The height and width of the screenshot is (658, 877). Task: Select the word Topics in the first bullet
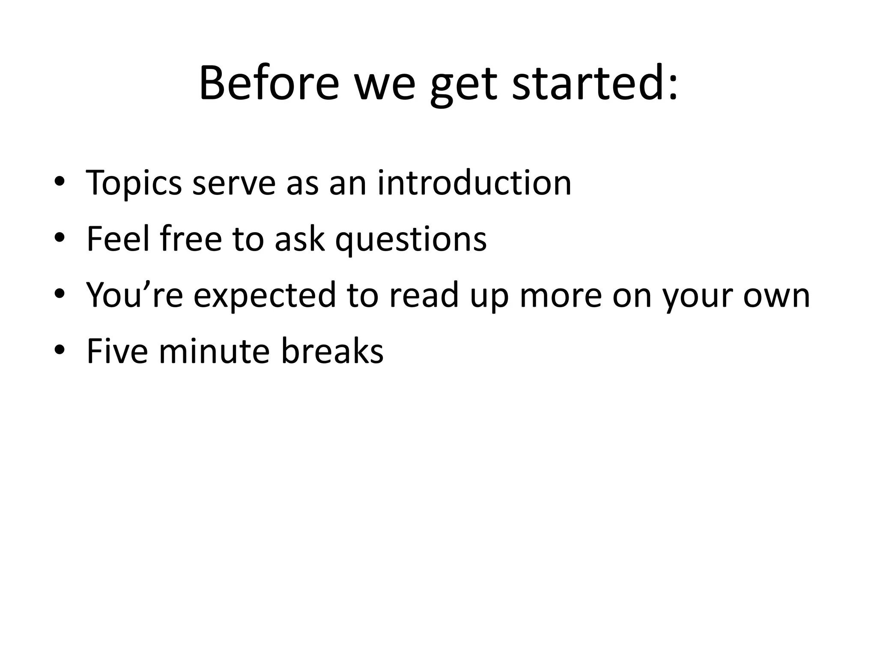pos(134,183)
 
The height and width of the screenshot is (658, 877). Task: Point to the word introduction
pos(474,183)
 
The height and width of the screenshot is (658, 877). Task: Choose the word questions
pos(411,240)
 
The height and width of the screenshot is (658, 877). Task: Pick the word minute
pos(214,351)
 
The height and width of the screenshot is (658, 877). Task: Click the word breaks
pos(332,351)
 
